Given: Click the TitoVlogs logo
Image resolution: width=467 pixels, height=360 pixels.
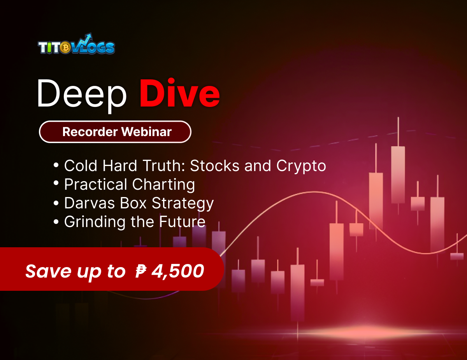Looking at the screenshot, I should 76,46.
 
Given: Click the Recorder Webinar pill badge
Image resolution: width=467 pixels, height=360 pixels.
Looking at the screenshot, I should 115,132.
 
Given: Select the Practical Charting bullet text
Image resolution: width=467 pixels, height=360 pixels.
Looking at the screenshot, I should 129,185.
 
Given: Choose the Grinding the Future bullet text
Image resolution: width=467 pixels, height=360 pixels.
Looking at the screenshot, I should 135,222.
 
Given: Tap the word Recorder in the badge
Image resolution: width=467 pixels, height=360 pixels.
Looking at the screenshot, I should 90,132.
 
